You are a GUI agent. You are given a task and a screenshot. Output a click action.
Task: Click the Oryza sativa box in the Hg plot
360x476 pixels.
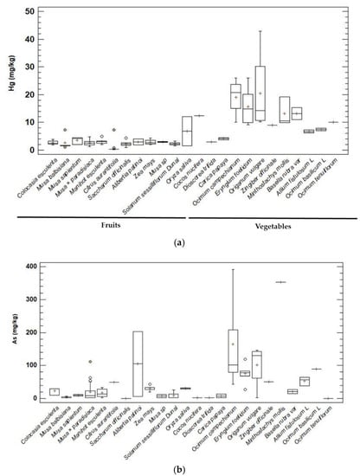tap(186, 132)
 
